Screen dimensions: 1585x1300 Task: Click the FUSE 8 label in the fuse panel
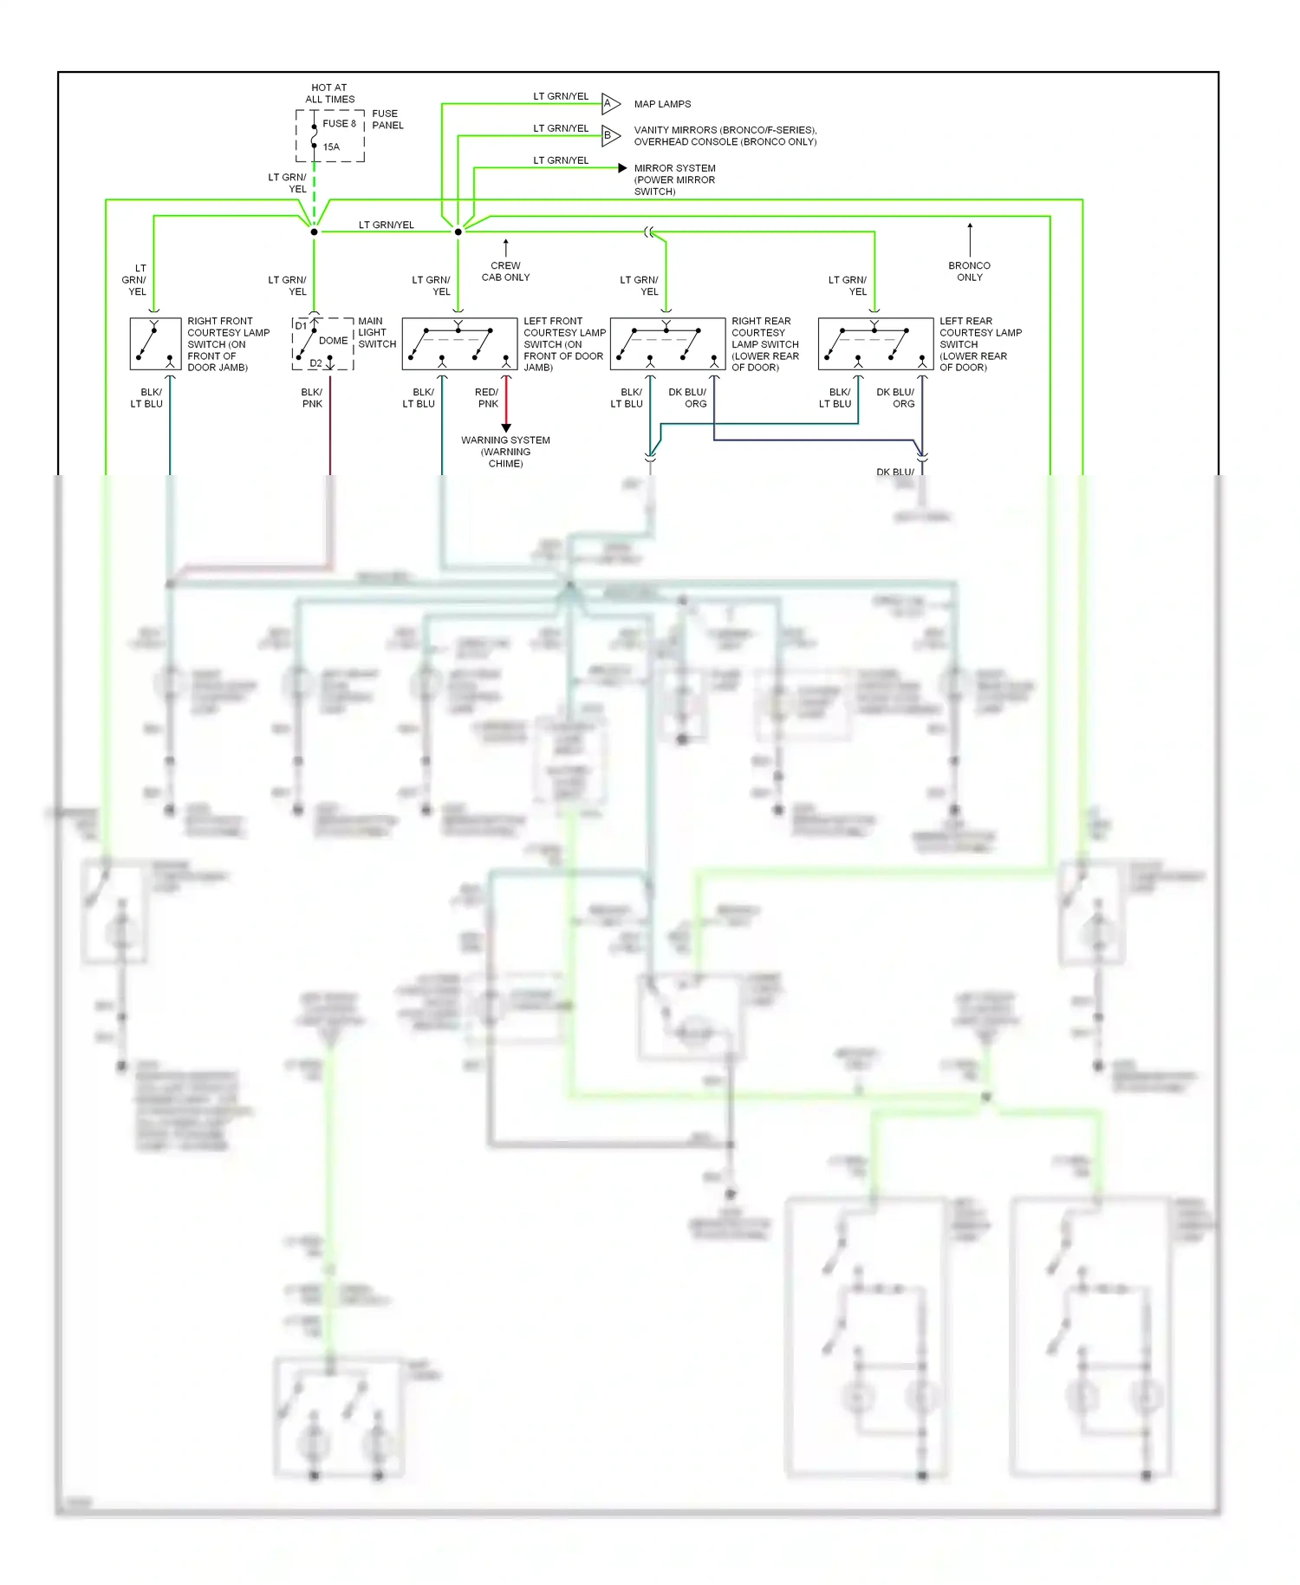point(339,123)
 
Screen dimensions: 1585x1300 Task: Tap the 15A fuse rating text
point(331,147)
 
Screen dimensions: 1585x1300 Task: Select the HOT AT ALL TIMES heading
point(329,93)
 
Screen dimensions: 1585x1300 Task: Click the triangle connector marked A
point(610,103)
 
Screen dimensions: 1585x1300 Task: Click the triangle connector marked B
point(610,135)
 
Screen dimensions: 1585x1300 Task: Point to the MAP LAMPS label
point(662,104)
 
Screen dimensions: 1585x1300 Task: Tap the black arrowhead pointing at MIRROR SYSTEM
point(622,167)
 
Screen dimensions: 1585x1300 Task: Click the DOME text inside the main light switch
point(333,341)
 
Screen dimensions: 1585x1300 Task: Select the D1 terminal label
point(301,326)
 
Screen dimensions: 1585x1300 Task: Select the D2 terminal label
point(315,363)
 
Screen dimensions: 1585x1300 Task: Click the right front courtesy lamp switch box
point(155,344)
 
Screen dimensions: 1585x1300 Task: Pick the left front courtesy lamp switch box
point(459,344)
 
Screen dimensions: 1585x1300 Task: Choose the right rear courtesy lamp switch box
point(667,344)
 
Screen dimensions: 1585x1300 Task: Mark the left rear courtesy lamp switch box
point(875,344)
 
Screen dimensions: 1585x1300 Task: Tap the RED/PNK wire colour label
point(487,398)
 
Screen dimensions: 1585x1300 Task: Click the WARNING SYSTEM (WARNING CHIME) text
point(505,452)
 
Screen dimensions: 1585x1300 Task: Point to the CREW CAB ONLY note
point(505,271)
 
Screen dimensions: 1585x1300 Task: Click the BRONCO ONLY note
point(969,271)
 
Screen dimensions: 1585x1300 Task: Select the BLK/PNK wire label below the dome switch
point(312,398)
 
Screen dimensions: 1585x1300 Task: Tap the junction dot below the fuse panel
point(314,232)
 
